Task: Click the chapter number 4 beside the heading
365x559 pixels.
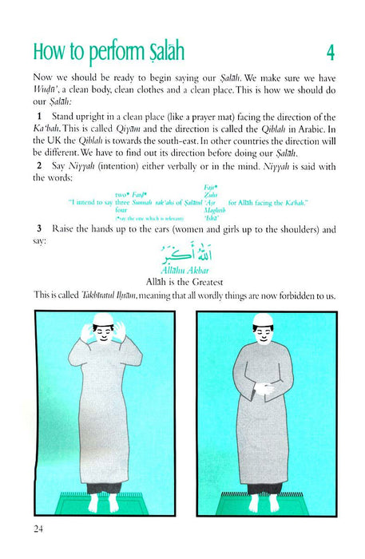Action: pos(330,54)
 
